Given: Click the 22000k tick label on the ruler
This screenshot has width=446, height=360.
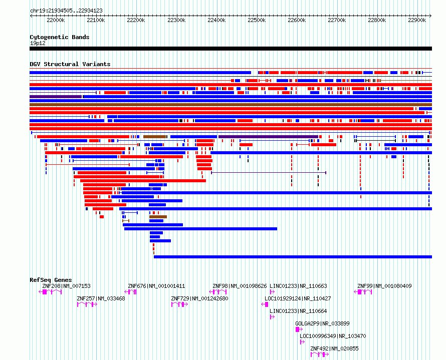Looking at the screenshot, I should click(56, 20).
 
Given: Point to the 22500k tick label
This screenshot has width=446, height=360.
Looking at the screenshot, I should click(257, 20).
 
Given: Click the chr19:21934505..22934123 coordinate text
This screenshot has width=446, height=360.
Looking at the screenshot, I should click(66, 10).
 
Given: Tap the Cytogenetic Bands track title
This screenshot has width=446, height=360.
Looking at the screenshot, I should click(59, 37).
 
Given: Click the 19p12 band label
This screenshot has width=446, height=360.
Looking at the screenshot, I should click(38, 43).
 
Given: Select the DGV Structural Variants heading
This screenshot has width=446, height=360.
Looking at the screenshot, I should click(70, 64).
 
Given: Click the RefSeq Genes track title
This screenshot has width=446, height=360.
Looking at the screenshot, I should click(51, 280).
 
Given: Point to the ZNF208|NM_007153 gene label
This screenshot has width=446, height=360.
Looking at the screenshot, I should click(66, 286).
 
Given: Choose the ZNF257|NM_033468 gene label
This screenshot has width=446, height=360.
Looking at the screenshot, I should click(101, 298).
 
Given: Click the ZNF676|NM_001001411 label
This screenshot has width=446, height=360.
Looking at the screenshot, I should click(156, 286).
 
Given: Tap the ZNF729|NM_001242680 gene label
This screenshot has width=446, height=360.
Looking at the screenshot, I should click(199, 298).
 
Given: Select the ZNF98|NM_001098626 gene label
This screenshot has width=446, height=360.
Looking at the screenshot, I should click(240, 286).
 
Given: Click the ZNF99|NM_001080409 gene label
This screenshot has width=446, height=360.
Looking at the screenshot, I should click(384, 286).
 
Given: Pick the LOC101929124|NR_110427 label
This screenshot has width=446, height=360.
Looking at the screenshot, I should click(298, 298).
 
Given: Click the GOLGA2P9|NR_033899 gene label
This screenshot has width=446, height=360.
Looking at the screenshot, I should click(322, 323).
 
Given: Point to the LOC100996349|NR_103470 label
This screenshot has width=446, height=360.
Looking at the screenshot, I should click(333, 336).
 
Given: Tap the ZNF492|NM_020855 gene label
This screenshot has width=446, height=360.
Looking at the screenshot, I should click(334, 348).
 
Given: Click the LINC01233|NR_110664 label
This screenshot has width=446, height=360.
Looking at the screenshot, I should click(298, 311).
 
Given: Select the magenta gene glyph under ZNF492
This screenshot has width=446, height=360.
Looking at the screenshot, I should click(319, 354).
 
